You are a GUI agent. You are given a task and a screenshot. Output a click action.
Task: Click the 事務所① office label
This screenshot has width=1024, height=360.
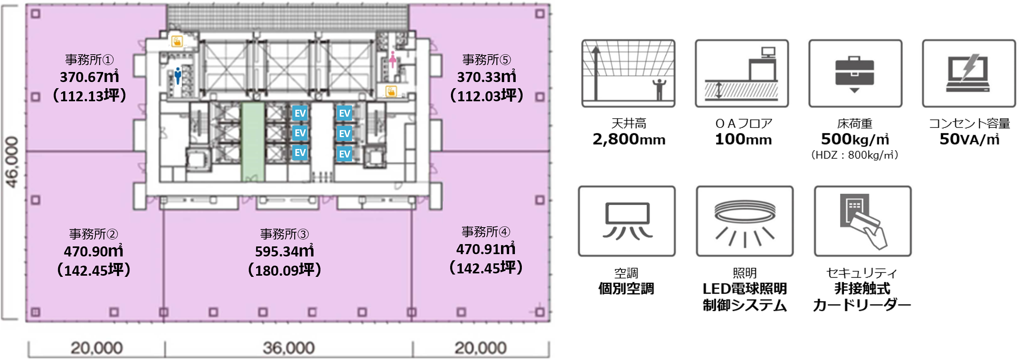pos(89,60)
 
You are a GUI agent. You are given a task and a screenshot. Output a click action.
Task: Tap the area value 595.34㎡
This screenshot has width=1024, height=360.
pos(285,251)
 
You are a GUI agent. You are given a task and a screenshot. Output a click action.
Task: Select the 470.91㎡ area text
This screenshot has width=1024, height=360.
pos(486,249)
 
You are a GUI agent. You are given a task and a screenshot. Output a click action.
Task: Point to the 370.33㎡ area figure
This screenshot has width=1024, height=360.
pos(486,77)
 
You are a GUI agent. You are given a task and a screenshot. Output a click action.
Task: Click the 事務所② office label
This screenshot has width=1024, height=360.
pos(94,234)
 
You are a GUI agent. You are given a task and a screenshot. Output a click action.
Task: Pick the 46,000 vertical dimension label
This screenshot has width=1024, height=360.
pos(12,162)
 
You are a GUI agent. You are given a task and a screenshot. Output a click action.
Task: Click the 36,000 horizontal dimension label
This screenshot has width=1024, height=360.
pos(288,348)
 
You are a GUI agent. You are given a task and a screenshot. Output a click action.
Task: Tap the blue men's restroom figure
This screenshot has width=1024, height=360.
pos(178,75)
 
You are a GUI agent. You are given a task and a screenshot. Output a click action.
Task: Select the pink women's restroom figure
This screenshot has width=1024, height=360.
pos(393,59)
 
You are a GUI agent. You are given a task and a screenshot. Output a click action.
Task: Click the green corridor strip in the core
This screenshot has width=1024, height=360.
pos(253,142)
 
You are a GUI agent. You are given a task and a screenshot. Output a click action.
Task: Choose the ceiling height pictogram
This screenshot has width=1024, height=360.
pos(628,73)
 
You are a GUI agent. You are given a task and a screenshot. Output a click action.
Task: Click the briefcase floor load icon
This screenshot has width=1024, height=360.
pos(855,74)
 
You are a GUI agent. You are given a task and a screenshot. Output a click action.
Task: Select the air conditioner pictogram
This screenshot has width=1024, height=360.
pos(627,221)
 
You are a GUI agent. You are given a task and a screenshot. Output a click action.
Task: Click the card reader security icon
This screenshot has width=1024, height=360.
pos(863,221)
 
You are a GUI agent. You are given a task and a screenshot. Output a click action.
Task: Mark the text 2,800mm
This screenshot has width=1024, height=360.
pos(629,139)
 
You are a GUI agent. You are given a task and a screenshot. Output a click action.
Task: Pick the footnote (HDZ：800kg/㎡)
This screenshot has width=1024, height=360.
pos(855,155)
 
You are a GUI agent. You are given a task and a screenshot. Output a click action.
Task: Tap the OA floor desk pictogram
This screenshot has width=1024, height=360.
pos(742,73)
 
